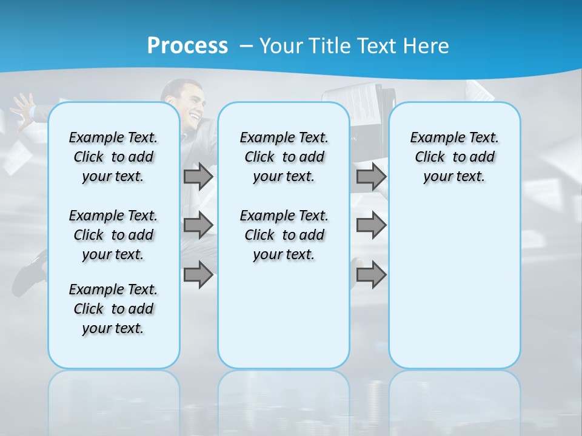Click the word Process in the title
tap(187, 45)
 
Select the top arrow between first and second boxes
tap(198, 177)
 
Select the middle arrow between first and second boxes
tap(198, 225)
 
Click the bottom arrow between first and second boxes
tap(198, 276)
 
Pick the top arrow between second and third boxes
tap(371, 177)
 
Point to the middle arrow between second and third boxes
tap(371, 225)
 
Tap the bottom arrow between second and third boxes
tap(371, 276)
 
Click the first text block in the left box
tap(113, 157)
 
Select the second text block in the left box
tap(113, 235)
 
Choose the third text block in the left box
tap(113, 309)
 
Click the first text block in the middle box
tap(284, 157)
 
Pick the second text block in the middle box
tap(284, 235)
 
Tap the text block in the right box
tap(454, 157)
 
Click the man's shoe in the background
tap(28, 276)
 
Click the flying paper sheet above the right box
tap(479, 91)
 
